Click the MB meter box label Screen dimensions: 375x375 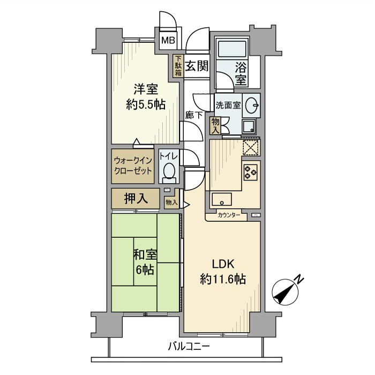point(168,40)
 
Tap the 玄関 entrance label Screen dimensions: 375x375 point(197,66)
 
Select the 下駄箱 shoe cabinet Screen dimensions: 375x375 point(178,66)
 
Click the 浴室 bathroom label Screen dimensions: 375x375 point(241,74)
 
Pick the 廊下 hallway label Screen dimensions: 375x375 point(193,114)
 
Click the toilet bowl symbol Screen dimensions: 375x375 point(169,171)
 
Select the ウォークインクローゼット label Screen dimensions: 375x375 point(133,166)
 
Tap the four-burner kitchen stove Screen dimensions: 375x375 point(251,171)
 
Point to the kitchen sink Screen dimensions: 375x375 point(221,199)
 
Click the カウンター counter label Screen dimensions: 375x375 point(229,216)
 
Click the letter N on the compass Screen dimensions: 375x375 point(299,279)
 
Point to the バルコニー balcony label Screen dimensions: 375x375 point(187,346)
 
